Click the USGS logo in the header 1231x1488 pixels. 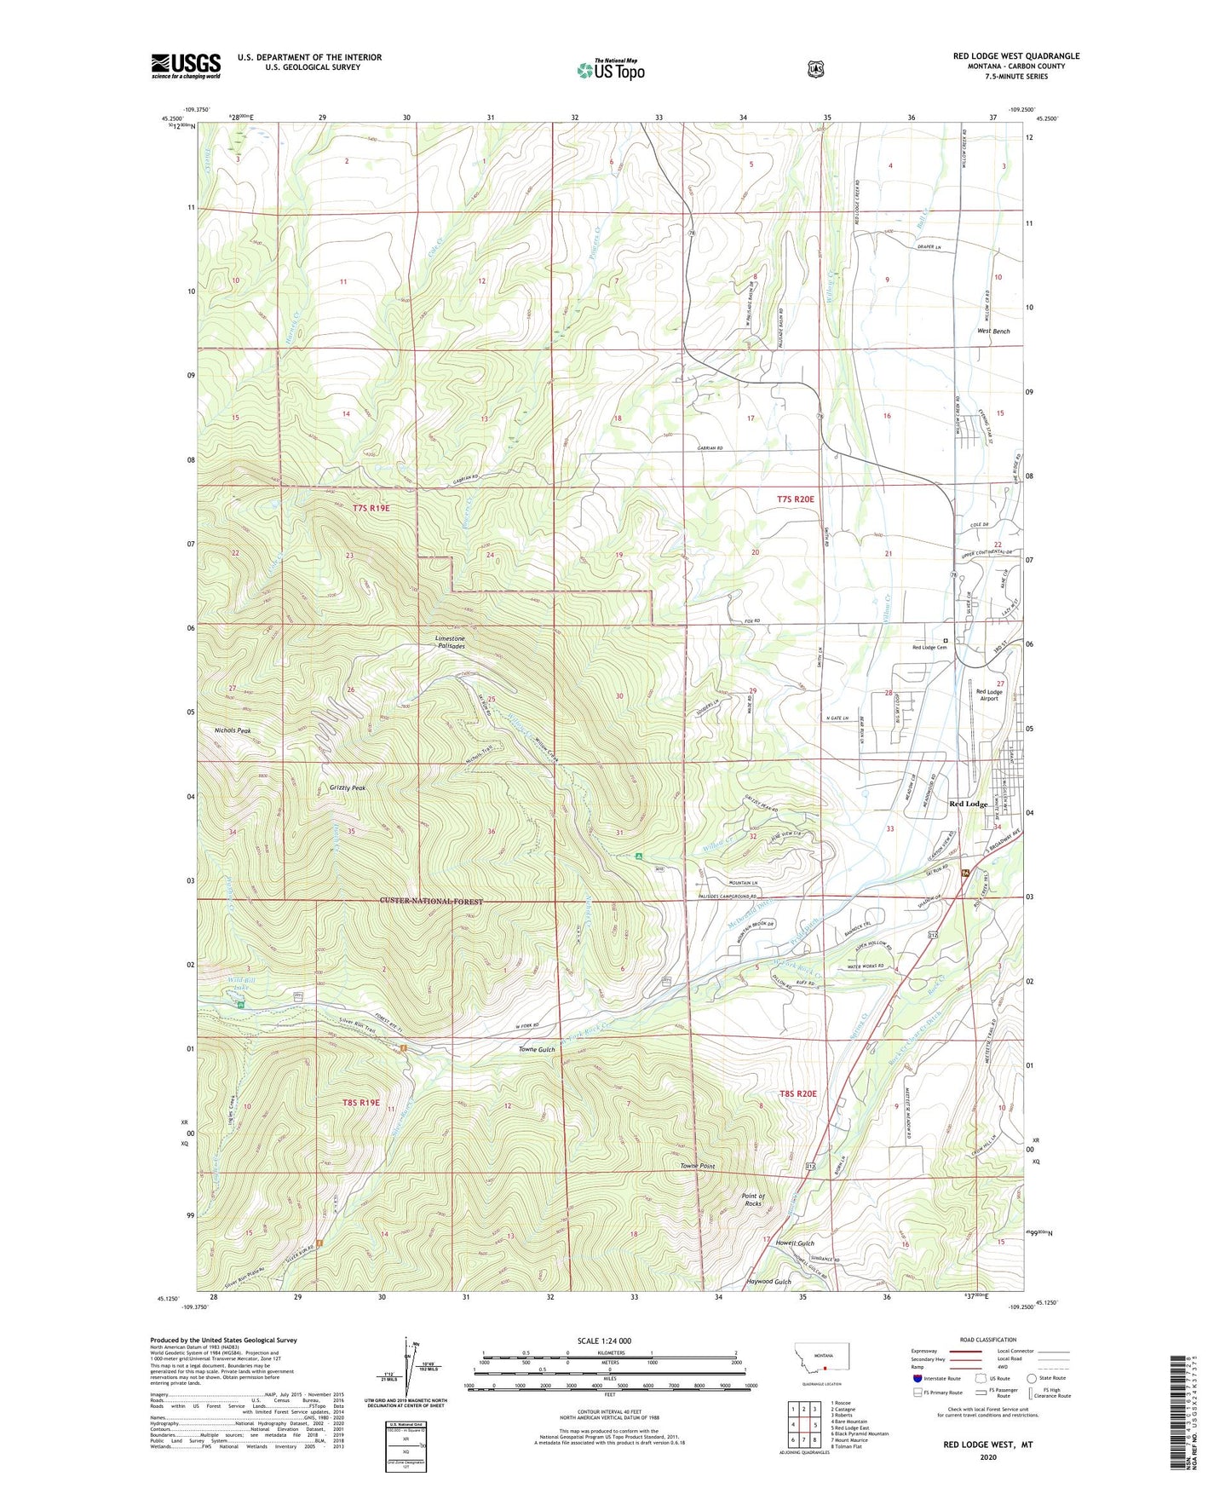186,66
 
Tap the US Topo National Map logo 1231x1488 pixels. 609,69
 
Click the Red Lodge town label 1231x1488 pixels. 969,804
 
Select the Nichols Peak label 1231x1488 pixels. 233,730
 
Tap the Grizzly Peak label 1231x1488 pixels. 348,788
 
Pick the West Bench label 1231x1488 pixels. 993,331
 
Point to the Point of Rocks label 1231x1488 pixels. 752,1199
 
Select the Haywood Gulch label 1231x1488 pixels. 768,1282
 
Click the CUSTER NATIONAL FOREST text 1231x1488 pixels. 431,902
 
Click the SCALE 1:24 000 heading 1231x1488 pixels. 604,1341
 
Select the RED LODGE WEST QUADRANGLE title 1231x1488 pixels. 1015,55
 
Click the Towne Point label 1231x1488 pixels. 697,1166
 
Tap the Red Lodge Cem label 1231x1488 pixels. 929,648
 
